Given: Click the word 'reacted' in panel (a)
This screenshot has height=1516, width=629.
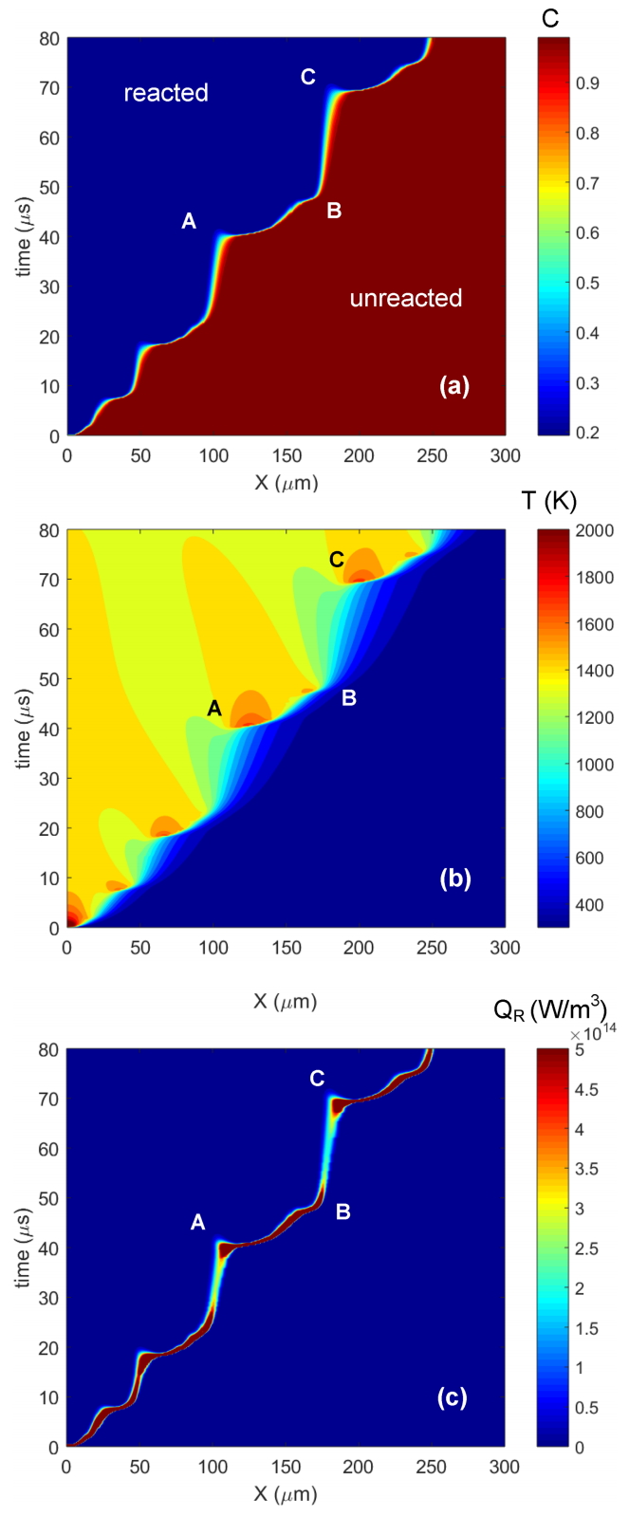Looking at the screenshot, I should pyautogui.click(x=166, y=93).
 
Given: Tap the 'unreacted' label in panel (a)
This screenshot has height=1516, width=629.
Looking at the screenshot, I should pyautogui.click(x=406, y=299).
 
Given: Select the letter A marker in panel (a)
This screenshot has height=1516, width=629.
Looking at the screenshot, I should pyautogui.click(x=189, y=221).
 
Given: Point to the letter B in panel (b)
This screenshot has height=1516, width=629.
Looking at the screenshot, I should pyautogui.click(x=349, y=698).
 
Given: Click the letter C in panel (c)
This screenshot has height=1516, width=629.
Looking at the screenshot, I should pyautogui.click(x=317, y=1079).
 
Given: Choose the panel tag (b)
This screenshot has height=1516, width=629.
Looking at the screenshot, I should pyautogui.click(x=454, y=878).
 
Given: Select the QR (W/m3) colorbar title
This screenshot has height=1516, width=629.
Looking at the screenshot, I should pyautogui.click(x=550, y=1009).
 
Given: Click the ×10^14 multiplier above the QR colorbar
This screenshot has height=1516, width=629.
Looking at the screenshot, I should pyautogui.click(x=581, y=1034).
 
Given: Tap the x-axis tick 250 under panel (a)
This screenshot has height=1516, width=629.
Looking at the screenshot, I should pyautogui.click(x=433, y=456).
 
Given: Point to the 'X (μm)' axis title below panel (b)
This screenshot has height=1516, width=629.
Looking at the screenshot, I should pyautogui.click(x=286, y=1002).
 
